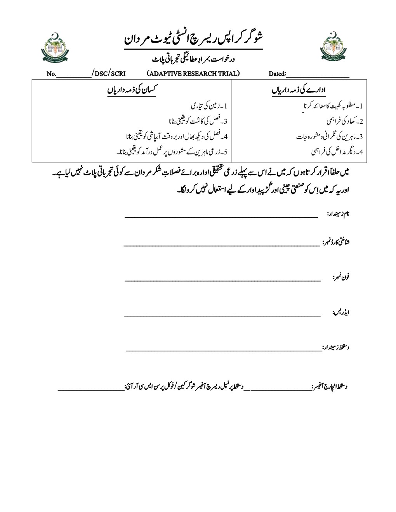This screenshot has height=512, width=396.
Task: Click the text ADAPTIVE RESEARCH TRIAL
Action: (193, 74)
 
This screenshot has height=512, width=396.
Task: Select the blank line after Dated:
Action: (318, 76)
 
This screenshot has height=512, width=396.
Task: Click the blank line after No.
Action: (74, 76)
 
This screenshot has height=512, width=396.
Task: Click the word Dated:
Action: (277, 74)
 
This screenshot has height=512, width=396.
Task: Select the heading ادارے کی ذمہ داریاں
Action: (299, 90)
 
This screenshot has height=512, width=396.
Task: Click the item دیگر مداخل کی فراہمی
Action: (337, 152)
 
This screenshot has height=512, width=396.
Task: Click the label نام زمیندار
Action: (338, 214)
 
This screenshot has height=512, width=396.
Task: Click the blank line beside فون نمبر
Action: (223, 280)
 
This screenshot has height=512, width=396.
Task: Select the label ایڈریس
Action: (341, 312)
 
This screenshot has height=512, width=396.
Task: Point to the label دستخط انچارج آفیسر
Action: (329, 386)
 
